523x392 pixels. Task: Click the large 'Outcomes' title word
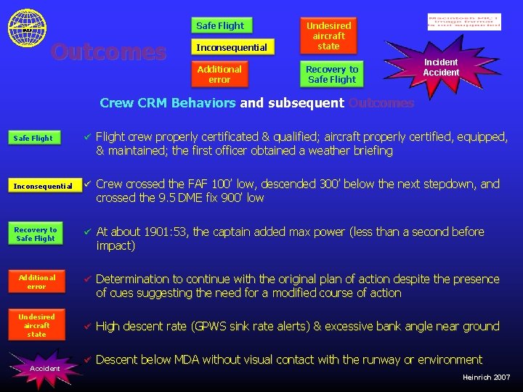click(x=108, y=52)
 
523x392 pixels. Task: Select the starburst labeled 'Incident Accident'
click(x=440, y=68)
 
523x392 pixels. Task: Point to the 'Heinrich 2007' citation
click(x=486, y=377)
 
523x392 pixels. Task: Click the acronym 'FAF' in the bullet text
click(x=186, y=184)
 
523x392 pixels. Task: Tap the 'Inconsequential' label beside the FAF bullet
click(x=42, y=187)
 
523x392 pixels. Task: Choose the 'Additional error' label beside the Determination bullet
click(x=36, y=282)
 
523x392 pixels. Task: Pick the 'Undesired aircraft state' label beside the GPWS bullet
click(x=36, y=325)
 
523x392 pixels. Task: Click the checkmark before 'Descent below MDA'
click(x=86, y=359)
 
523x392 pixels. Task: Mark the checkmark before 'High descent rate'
click(x=86, y=326)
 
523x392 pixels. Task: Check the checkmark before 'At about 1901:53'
click(x=86, y=232)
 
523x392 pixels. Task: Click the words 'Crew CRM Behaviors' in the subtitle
click(x=167, y=103)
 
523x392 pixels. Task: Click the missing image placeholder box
click(x=464, y=22)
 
